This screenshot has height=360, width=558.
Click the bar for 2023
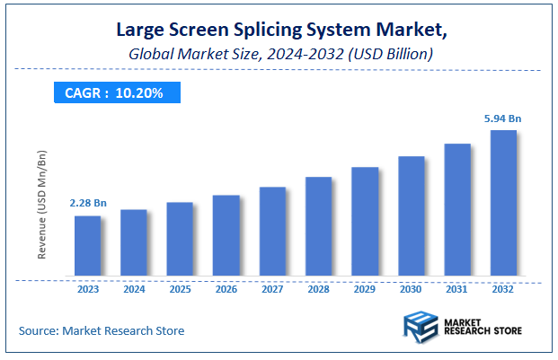(87, 246)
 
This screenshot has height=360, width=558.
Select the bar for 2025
(180, 239)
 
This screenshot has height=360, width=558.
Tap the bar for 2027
(272, 232)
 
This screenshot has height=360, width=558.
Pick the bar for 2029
(365, 222)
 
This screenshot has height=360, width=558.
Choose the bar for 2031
(457, 210)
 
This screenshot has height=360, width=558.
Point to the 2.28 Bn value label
(87, 204)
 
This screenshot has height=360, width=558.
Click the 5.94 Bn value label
(503, 118)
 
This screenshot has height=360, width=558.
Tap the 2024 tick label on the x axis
(134, 289)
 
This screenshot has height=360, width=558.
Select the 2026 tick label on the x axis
(226, 289)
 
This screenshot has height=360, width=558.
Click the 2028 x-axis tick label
(318, 289)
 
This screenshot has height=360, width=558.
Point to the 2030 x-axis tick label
(411, 289)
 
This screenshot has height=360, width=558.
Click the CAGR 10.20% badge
(114, 92)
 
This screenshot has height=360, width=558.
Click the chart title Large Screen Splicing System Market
(278, 30)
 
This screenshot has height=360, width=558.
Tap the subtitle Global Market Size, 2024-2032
(278, 54)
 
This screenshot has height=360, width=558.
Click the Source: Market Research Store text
(102, 330)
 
